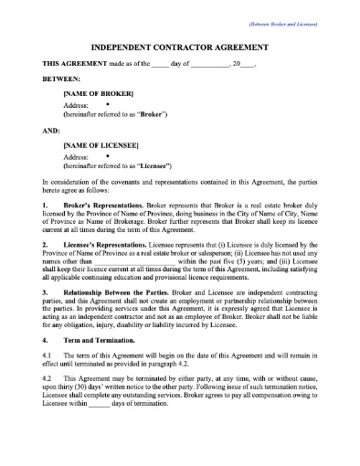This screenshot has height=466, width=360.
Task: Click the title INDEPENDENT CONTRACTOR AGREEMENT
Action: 180,45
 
